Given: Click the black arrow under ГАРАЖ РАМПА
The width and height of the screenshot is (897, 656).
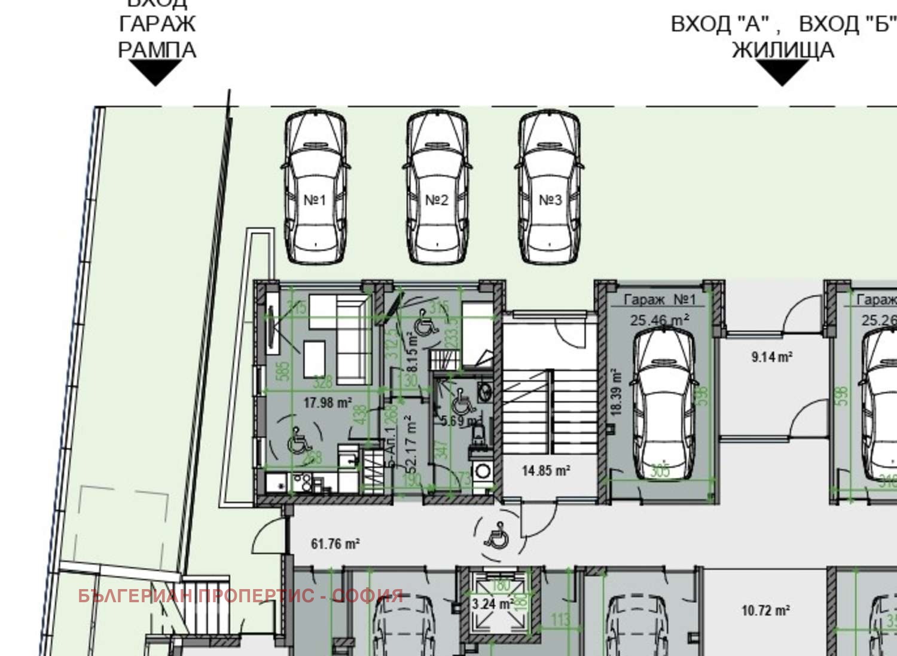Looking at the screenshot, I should [x=155, y=72].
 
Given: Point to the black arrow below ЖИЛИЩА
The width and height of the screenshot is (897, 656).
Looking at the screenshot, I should [x=782, y=72].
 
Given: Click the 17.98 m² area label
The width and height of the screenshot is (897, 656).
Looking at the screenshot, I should [x=327, y=403].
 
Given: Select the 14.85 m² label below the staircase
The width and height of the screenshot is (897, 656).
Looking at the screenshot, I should [x=545, y=471].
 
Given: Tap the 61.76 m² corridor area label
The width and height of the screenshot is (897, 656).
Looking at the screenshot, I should [x=335, y=544].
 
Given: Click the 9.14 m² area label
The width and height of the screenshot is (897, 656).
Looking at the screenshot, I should [x=771, y=357].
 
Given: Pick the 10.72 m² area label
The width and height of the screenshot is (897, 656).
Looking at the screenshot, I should [x=765, y=611].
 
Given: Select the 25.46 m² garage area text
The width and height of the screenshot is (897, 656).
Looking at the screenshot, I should [x=659, y=320].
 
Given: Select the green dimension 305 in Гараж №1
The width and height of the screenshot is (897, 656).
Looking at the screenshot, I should [x=660, y=471].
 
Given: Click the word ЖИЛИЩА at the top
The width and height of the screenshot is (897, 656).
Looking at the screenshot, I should [x=783, y=50].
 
